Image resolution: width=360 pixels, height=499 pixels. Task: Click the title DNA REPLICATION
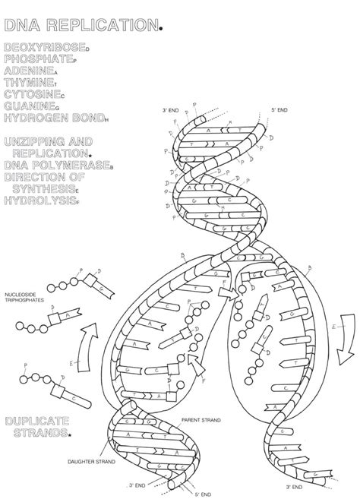81,27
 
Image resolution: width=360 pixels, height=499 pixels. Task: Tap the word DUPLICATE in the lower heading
36,420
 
